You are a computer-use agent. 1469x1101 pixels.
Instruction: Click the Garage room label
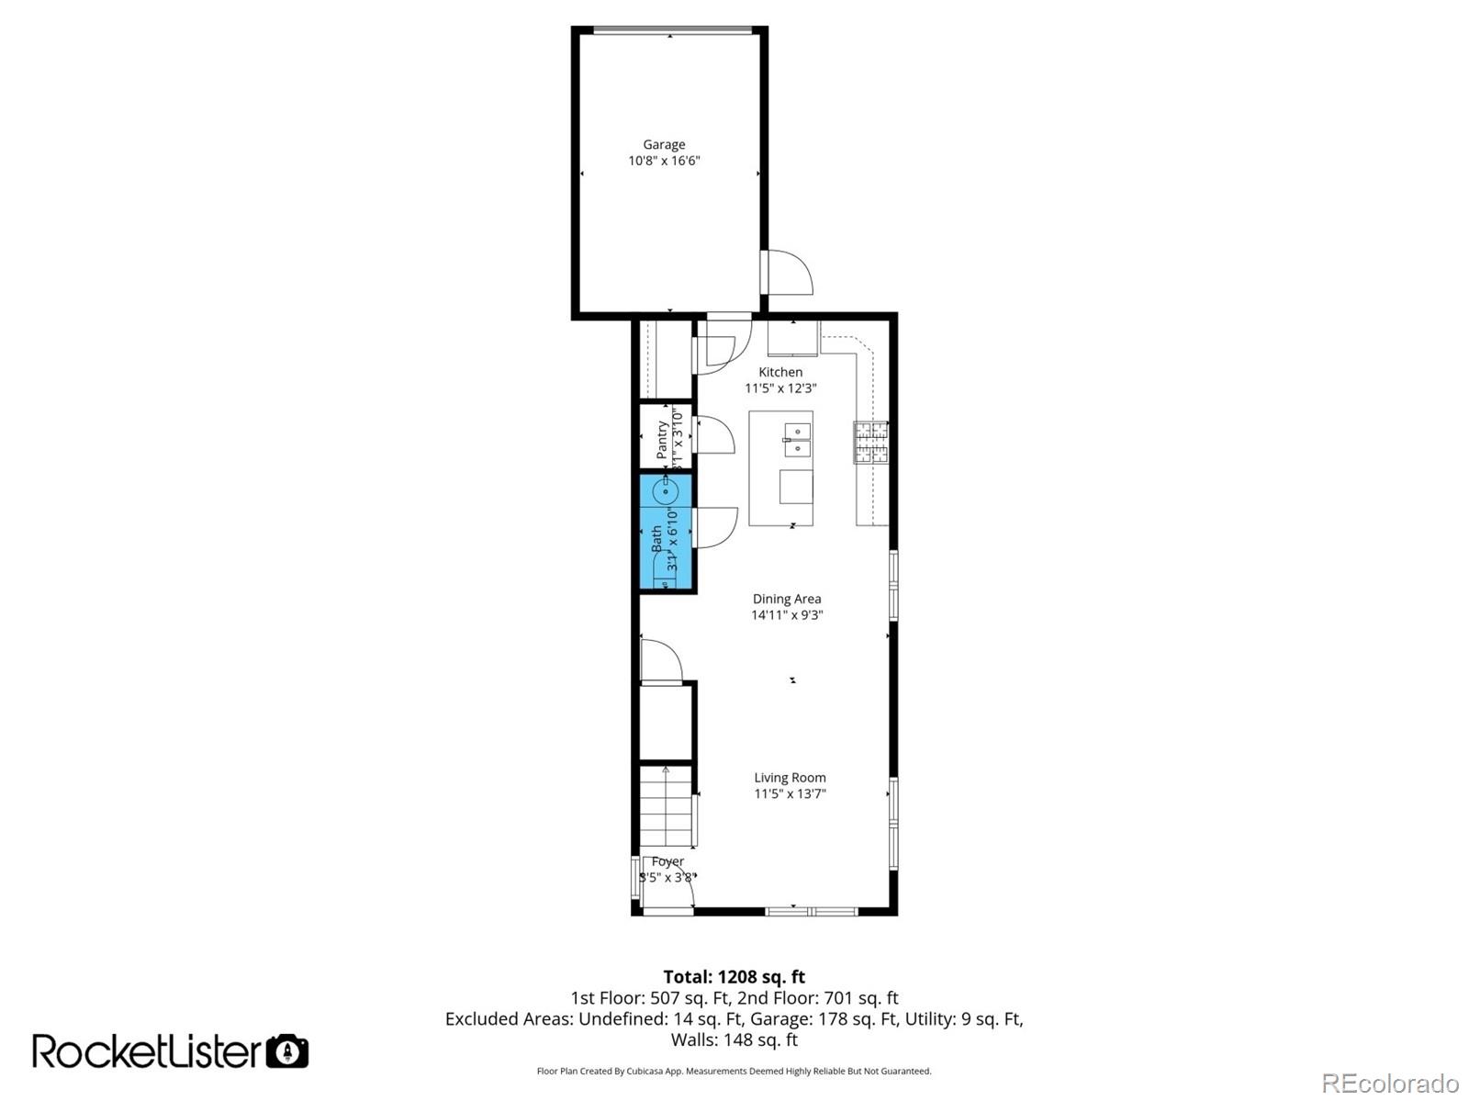664,144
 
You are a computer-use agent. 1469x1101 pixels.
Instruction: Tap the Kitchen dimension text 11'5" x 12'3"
780,388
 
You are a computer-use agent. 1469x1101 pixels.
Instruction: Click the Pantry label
662,440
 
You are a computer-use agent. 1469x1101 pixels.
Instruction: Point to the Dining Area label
787,599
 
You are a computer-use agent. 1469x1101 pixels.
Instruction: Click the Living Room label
790,778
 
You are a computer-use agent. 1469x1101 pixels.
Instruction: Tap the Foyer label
667,861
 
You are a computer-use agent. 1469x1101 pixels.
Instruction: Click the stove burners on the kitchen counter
871,442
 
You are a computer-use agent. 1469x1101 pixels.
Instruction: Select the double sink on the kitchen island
798,440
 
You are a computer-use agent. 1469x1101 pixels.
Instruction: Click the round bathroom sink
667,491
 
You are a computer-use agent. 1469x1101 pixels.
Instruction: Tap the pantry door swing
713,434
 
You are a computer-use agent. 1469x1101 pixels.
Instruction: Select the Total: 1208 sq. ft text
734,977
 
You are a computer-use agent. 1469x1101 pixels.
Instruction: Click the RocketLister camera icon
287,1051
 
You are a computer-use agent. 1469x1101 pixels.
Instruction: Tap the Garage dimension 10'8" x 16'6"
664,161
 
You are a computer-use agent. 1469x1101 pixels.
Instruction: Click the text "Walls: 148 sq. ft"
734,1040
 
